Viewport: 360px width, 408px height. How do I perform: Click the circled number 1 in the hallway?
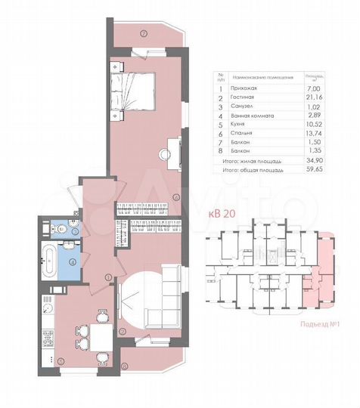coord(109,277)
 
